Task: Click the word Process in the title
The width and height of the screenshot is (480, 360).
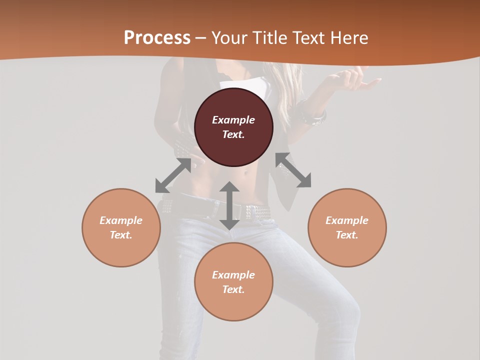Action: point(157,38)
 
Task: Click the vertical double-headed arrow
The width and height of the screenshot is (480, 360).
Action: point(229,205)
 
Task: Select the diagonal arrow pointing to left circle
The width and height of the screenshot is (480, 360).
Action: point(173,175)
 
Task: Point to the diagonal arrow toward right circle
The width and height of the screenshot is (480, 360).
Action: point(293,170)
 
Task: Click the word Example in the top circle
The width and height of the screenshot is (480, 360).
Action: point(233,120)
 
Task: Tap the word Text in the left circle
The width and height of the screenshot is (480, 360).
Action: point(121,235)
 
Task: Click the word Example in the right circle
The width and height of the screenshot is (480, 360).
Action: point(347,220)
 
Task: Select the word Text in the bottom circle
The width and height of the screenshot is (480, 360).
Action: point(233,289)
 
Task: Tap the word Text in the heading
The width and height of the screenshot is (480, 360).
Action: point(306,38)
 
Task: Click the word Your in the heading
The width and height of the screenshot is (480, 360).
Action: point(228,38)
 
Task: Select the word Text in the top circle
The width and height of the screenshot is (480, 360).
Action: point(233,134)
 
